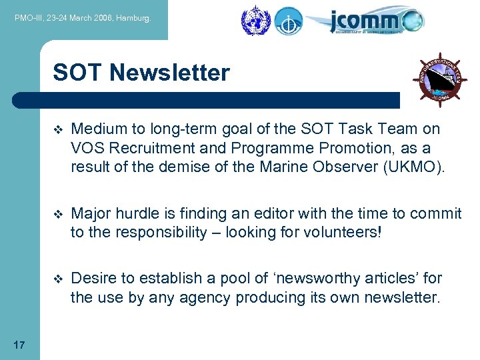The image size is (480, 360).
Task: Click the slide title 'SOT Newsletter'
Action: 141,72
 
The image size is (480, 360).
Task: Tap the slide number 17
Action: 19,345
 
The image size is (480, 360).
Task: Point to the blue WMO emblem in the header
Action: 253,21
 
